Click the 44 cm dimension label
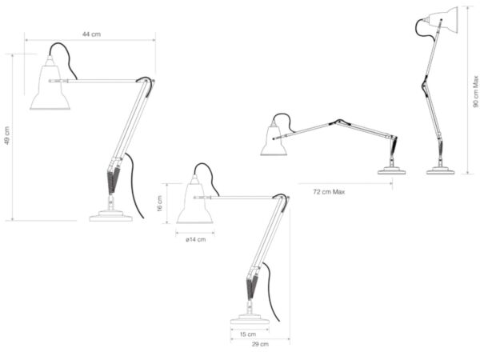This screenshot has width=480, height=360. pos(91,34)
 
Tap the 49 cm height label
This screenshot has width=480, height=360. pos(7,135)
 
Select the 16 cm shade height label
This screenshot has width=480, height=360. pos(160,203)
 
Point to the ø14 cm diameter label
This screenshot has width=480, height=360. pos(196,239)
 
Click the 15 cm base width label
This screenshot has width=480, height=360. pos(248,334)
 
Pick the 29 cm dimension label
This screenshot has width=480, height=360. pos(260,344)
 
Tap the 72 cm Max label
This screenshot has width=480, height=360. pos(329,192)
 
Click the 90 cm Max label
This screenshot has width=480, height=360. pos(475,91)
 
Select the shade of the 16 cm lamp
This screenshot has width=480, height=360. pos(194,202)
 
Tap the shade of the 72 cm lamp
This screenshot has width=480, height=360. pos(274,140)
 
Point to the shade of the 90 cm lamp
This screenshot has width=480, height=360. pos(441,20)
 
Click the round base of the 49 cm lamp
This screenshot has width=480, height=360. pos(111,216)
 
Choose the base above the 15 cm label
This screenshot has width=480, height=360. pos(250,318)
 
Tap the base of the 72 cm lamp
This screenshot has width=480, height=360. pos(391,171)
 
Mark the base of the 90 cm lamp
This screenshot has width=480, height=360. pos(440,171)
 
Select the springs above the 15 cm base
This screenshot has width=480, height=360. pos(252,287)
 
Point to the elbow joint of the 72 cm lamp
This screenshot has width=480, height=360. pos(338,122)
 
